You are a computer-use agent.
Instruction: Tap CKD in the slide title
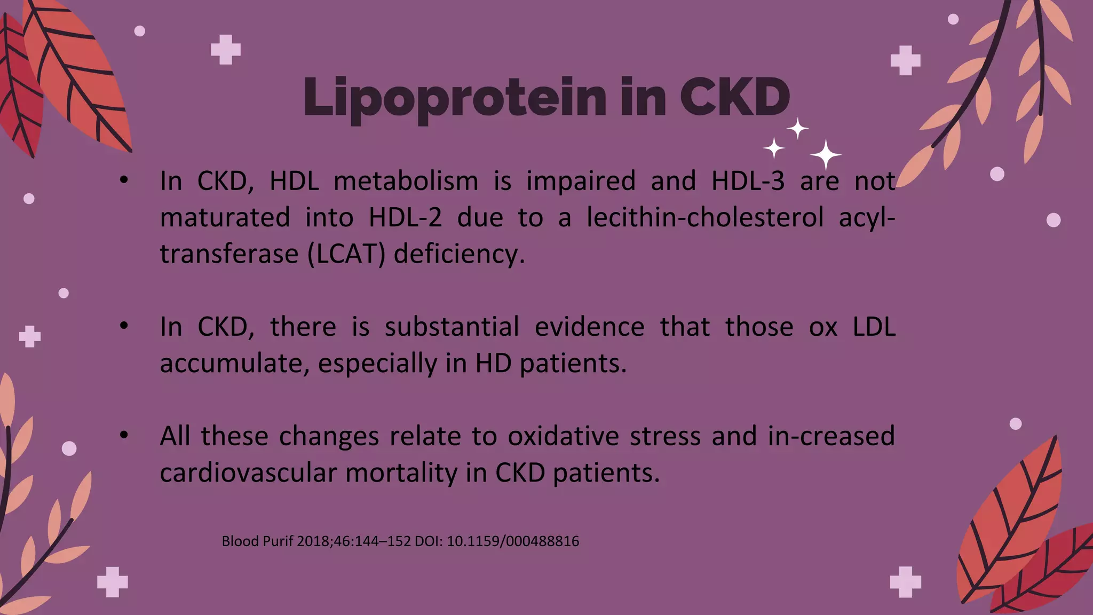[x=734, y=98]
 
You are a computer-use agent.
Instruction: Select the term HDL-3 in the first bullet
[x=748, y=181]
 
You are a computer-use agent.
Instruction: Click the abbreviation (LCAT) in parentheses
[x=346, y=254]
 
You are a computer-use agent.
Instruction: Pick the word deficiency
[x=459, y=254]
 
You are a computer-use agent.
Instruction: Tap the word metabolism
[x=406, y=181]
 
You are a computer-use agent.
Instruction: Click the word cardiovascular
[x=248, y=473]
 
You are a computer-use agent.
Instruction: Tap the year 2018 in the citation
[x=313, y=541]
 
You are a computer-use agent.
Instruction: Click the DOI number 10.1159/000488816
[x=512, y=541]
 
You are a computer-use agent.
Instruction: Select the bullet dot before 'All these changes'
[x=124, y=436]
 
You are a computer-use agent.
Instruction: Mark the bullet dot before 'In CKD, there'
[x=124, y=325]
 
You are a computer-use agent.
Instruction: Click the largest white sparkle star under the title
[x=826, y=155]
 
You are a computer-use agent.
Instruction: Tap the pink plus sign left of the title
[x=226, y=50]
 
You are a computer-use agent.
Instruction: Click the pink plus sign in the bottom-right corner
[x=905, y=581]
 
